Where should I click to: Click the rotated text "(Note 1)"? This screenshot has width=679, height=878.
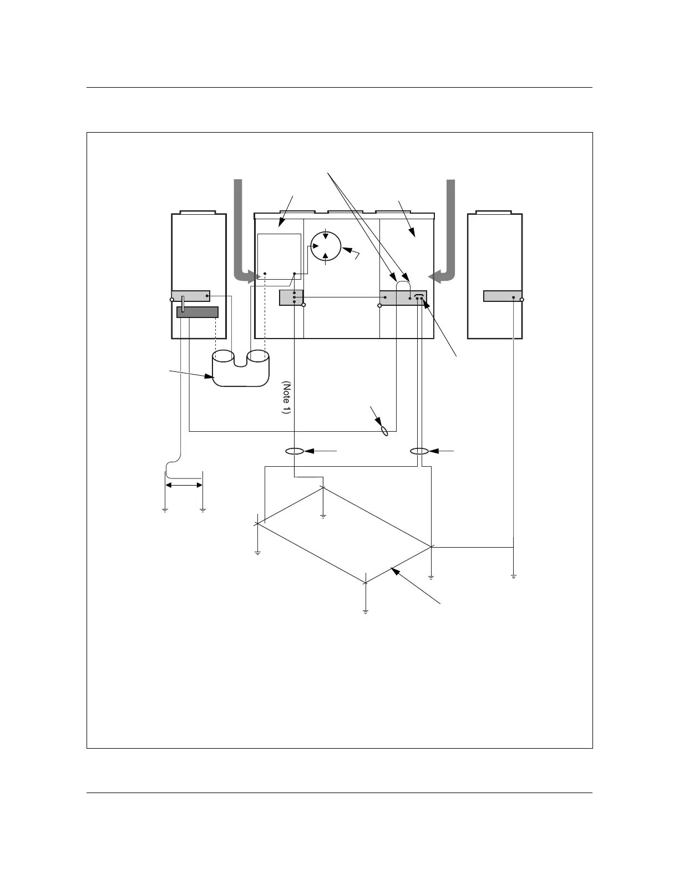coord(286,397)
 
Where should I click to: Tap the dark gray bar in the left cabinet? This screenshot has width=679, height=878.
coord(197,312)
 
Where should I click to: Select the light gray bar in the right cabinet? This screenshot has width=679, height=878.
coord(502,296)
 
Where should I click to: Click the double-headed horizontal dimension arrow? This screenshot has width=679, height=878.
coord(184,485)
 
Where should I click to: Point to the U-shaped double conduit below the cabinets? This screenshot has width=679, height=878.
coord(241,368)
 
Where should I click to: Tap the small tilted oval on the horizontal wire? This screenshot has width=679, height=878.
coord(383,431)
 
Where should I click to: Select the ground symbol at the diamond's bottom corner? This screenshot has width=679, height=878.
coord(366,611)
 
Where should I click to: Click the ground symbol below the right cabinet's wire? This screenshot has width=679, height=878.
coord(514,577)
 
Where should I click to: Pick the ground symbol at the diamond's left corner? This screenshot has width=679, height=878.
coord(257,553)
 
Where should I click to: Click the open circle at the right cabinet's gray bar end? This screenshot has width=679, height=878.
coord(522,299)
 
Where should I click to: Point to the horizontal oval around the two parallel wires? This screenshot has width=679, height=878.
coord(419,451)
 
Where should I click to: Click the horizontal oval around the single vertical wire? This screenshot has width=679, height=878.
coord(295,451)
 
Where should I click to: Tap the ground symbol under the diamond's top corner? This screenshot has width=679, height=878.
coord(323,517)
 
